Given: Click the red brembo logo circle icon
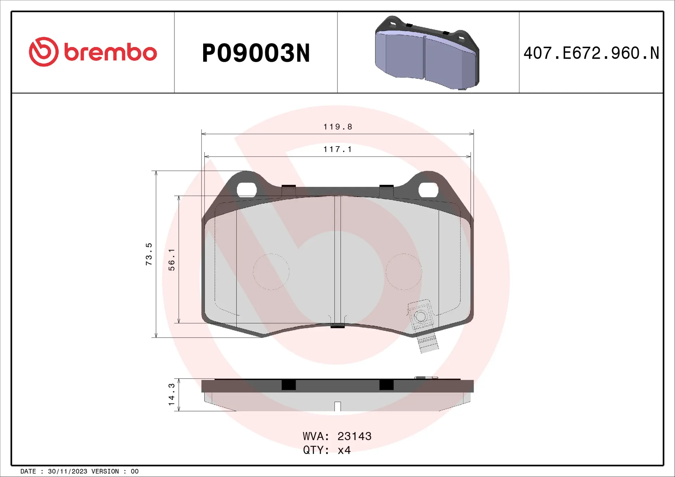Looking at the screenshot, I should pyautogui.click(x=44, y=52).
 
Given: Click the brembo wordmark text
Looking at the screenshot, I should pyautogui.click(x=110, y=53).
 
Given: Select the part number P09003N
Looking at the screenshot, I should pyautogui.click(x=256, y=53).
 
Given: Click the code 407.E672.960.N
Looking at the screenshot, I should pyautogui.click(x=591, y=53).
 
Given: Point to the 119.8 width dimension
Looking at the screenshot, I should pyautogui.click(x=337, y=127).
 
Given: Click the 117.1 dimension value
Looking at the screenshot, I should pyautogui.click(x=337, y=149).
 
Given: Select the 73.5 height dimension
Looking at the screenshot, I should pyautogui.click(x=149, y=254).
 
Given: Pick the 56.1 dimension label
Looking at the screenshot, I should pyautogui.click(x=172, y=260).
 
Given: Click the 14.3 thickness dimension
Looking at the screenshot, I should pyautogui.click(x=172, y=394).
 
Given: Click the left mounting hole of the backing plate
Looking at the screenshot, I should pyautogui.click(x=247, y=190).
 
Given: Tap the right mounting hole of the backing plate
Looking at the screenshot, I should pyautogui.click(x=428, y=190).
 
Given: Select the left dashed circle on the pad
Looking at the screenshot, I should pyautogui.click(x=271, y=272).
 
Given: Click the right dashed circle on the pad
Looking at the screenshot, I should pyautogui.click(x=404, y=272).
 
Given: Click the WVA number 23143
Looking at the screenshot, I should pyautogui.click(x=354, y=436).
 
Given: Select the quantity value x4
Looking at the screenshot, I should pyautogui.click(x=344, y=450).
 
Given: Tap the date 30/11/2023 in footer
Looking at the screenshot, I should pyautogui.click(x=67, y=471).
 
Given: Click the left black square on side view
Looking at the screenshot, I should pyautogui.click(x=289, y=385).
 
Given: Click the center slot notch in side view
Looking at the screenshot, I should pyautogui.click(x=337, y=406).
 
